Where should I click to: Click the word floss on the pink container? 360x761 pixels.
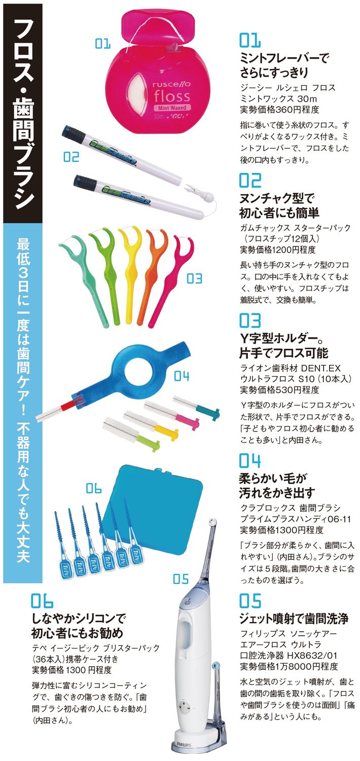(x=171, y=96)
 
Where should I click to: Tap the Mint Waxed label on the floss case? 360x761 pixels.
(x=172, y=107)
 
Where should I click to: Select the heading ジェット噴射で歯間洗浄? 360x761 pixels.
(x=294, y=619)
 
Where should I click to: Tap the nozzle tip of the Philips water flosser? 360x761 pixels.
(x=213, y=521)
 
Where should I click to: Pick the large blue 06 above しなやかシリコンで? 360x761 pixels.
(x=42, y=600)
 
